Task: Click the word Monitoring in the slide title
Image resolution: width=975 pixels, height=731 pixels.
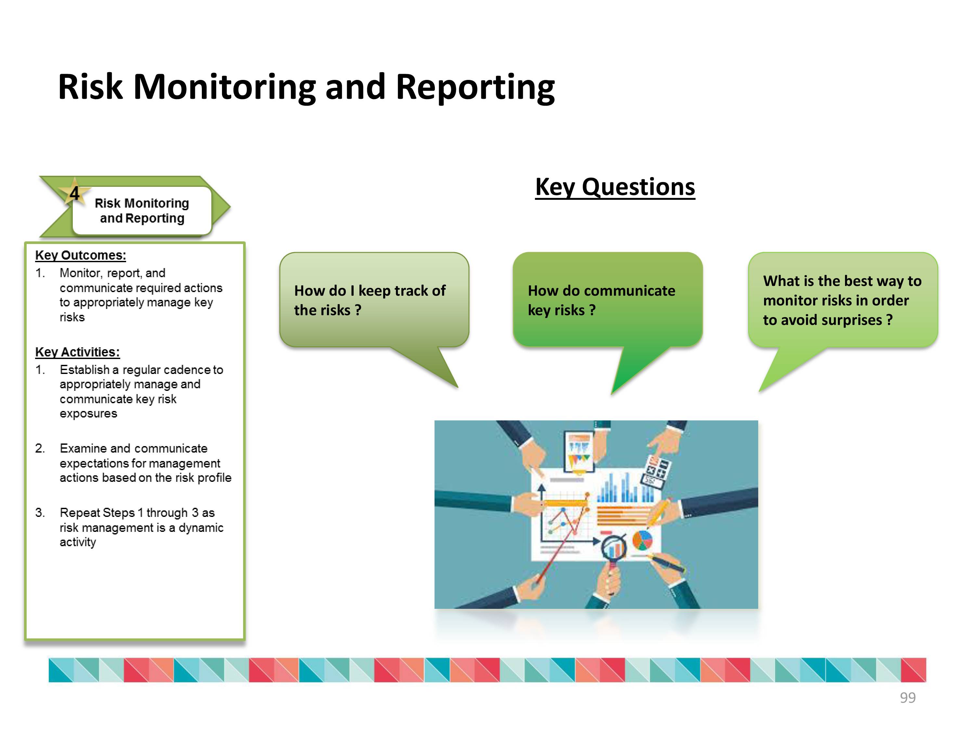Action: (x=225, y=88)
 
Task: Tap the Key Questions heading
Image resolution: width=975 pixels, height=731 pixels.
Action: (x=615, y=187)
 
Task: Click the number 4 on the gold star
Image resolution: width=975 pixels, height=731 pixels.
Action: (x=74, y=193)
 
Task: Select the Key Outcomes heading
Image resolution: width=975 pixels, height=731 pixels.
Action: (x=81, y=255)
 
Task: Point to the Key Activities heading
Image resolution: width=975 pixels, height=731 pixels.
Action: (x=78, y=352)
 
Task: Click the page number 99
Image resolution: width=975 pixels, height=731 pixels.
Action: (x=907, y=698)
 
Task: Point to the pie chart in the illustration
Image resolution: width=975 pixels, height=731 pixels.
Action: (x=642, y=540)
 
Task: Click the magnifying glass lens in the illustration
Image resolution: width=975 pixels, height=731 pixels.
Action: (x=614, y=548)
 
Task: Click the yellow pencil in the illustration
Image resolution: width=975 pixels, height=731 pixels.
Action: (x=658, y=513)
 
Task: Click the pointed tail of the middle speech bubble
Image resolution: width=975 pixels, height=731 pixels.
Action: (x=612, y=393)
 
